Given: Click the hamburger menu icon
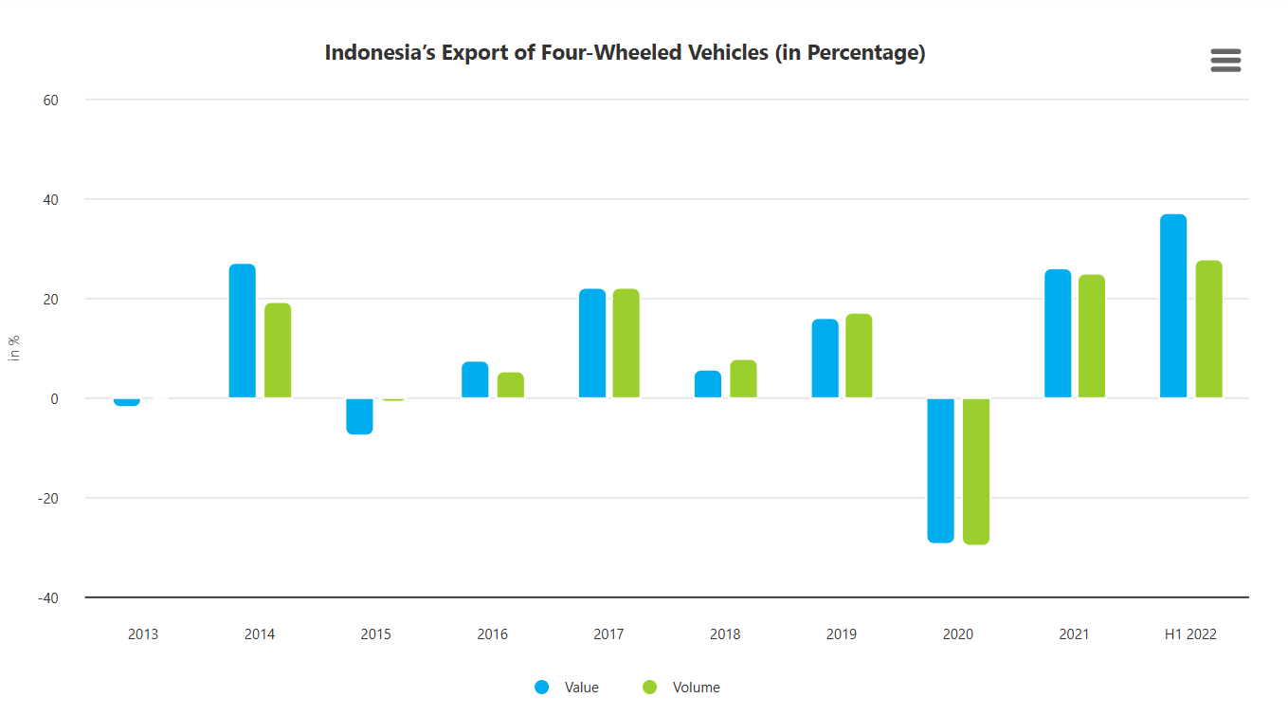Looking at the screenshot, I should point(1225,61).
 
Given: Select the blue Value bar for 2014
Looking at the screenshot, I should point(243,331).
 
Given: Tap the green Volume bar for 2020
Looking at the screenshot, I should point(976,470).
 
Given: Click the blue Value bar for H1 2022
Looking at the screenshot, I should point(1173,306).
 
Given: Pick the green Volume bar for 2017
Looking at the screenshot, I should point(626,343).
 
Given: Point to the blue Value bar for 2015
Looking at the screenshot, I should point(359,415).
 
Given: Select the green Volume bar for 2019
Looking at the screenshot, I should point(859,356).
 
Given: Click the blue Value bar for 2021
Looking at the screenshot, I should point(1058,334).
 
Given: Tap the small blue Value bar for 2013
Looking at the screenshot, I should point(127,402).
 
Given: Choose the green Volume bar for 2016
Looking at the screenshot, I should point(511,385).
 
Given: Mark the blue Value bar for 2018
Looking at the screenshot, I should point(708,384).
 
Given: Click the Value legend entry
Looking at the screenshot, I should point(568,688).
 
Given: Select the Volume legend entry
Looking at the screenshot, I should point(682,688).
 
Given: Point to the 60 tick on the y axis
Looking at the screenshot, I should point(48,100).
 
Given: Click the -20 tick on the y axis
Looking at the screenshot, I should point(46,498).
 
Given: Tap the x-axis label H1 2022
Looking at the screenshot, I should point(1190,634).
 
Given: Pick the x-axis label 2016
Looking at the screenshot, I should point(492,634).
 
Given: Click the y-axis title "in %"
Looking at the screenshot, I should point(14,348).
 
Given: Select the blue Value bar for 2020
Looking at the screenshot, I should point(941,469).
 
